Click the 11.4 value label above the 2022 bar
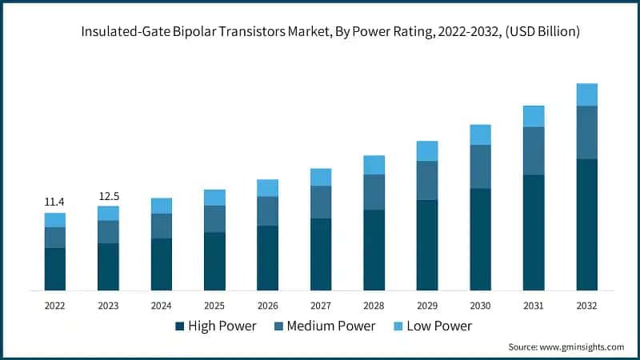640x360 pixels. tap(54, 202)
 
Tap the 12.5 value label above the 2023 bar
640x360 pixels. tap(108, 196)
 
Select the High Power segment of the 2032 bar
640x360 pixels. tap(587, 224)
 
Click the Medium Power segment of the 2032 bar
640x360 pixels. tap(587, 132)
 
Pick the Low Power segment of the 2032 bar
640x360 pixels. tap(587, 94)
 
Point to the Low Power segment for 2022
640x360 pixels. tap(54, 220)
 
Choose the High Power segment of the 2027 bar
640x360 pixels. tap(321, 254)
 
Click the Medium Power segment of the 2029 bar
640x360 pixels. tap(427, 180)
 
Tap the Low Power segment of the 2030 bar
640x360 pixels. tap(480, 134)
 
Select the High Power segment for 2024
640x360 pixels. tap(161, 264)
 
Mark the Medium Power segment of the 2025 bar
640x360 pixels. tap(214, 218)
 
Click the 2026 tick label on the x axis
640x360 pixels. tap(267, 306)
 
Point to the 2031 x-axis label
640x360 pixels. tap(534, 306)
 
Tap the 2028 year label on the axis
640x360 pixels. tap(374, 306)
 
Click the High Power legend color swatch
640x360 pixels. tap(180, 326)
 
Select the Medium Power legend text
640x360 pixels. tap(330, 326)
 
